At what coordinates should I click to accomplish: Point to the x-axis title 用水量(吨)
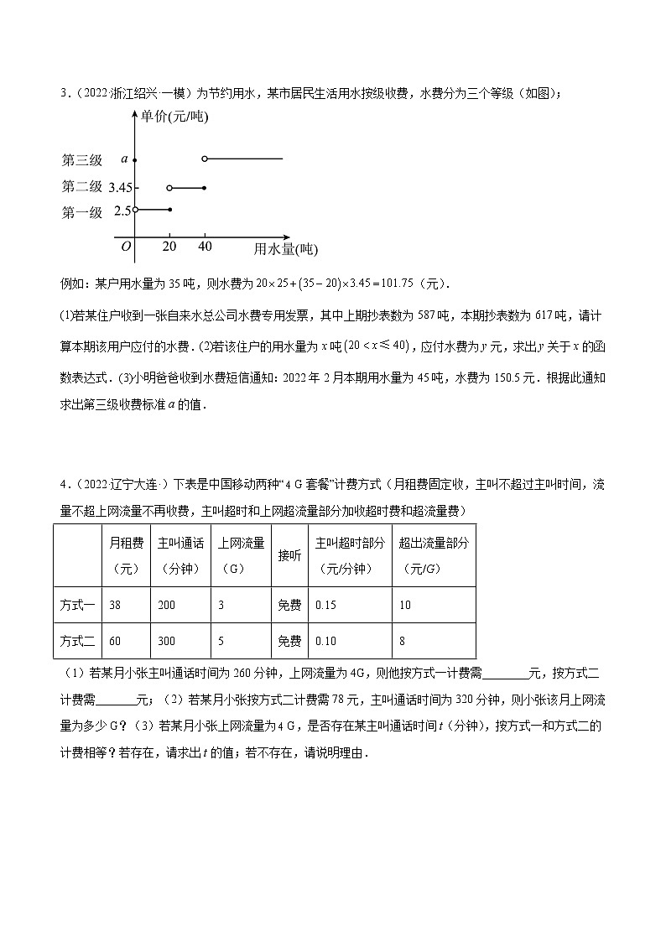286,249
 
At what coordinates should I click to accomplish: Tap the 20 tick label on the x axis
169,246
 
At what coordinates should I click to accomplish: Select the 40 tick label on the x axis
205,246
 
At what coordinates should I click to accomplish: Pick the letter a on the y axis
124,159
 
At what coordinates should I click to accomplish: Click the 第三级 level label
82,159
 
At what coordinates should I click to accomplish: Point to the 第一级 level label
82,212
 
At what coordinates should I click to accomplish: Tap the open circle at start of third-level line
205,159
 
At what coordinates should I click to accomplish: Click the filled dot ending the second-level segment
205,187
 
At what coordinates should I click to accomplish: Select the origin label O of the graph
126,246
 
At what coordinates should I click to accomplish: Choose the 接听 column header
289,556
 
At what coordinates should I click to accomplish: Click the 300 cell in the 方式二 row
166,641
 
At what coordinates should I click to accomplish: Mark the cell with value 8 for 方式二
403,641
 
